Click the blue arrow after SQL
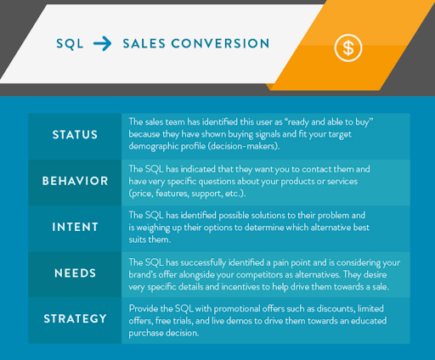point(102,43)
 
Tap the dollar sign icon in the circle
point(348,48)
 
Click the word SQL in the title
point(70,44)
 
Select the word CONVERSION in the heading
point(220,43)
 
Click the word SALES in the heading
point(144,43)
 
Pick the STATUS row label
point(75,135)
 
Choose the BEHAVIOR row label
point(75,181)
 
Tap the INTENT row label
point(75,227)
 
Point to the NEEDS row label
point(75,273)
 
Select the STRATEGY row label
point(75,318)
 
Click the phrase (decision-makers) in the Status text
point(241,146)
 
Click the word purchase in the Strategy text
point(146,334)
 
